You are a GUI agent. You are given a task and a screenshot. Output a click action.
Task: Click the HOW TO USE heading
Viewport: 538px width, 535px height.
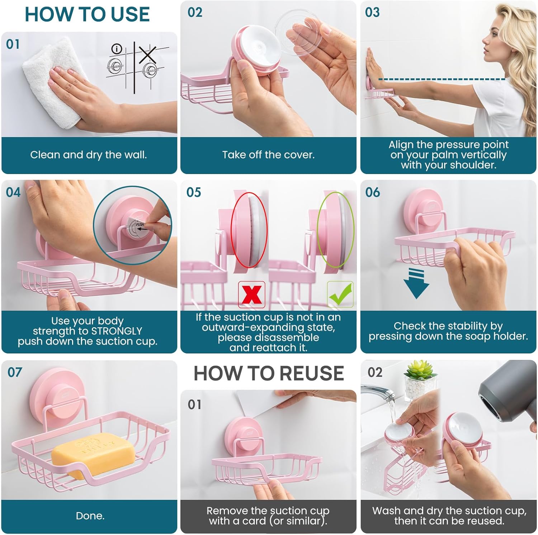coord(87,14)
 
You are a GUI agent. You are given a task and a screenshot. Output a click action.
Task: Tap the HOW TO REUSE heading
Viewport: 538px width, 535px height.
coord(269,373)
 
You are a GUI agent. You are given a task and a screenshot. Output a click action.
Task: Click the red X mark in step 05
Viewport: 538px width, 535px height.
coord(252,295)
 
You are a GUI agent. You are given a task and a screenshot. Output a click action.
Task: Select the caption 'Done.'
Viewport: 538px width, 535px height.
coord(90,516)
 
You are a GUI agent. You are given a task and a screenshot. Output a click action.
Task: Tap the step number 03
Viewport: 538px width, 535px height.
coord(372,13)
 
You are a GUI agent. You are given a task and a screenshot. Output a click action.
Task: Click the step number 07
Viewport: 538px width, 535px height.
coord(15,372)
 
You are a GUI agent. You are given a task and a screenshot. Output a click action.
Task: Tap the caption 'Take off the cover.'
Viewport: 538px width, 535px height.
coord(268,155)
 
